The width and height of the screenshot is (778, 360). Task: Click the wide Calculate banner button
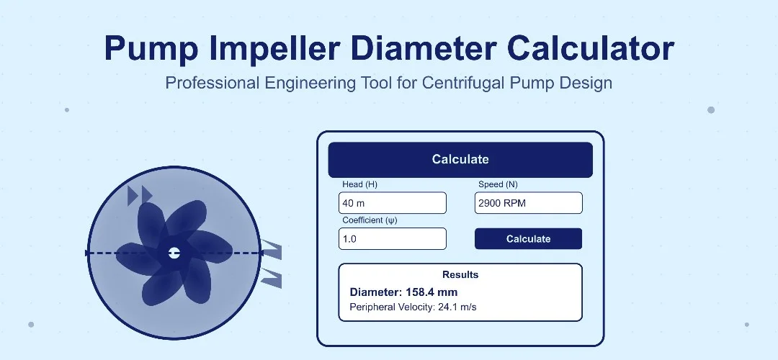coord(460,160)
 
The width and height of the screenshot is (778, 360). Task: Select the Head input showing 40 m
coord(393,203)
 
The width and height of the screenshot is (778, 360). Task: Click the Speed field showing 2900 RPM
coord(528,203)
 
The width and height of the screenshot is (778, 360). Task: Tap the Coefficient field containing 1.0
coord(393,238)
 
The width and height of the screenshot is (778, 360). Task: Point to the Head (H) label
coord(359,184)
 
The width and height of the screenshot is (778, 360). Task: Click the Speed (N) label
coord(498,184)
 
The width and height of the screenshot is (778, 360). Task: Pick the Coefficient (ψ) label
coord(370,220)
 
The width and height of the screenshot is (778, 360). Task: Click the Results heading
coord(460,274)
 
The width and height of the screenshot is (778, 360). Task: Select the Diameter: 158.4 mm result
coord(403,292)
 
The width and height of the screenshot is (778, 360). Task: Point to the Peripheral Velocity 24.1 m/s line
coord(413,307)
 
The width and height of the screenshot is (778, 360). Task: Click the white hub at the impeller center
coord(174,253)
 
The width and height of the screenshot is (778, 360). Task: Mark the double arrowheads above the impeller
coord(140,194)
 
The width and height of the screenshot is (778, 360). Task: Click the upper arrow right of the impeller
coord(271,249)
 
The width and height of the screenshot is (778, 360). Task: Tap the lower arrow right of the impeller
coord(271,277)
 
